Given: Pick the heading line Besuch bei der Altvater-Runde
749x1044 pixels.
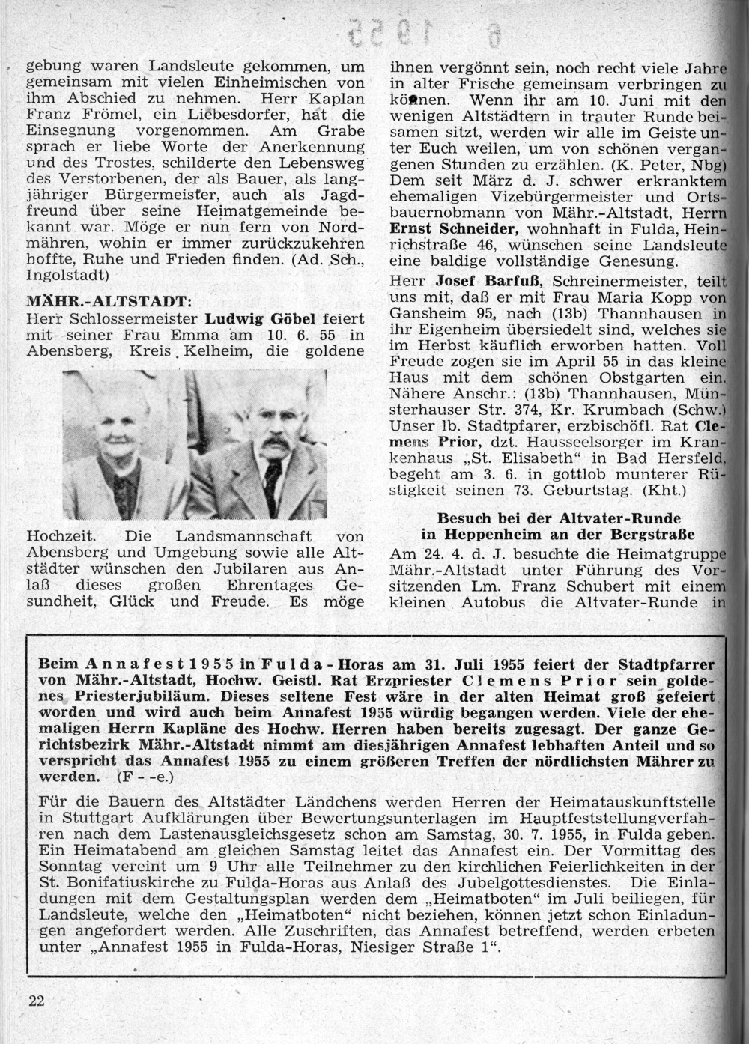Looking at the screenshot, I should point(558,518).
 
